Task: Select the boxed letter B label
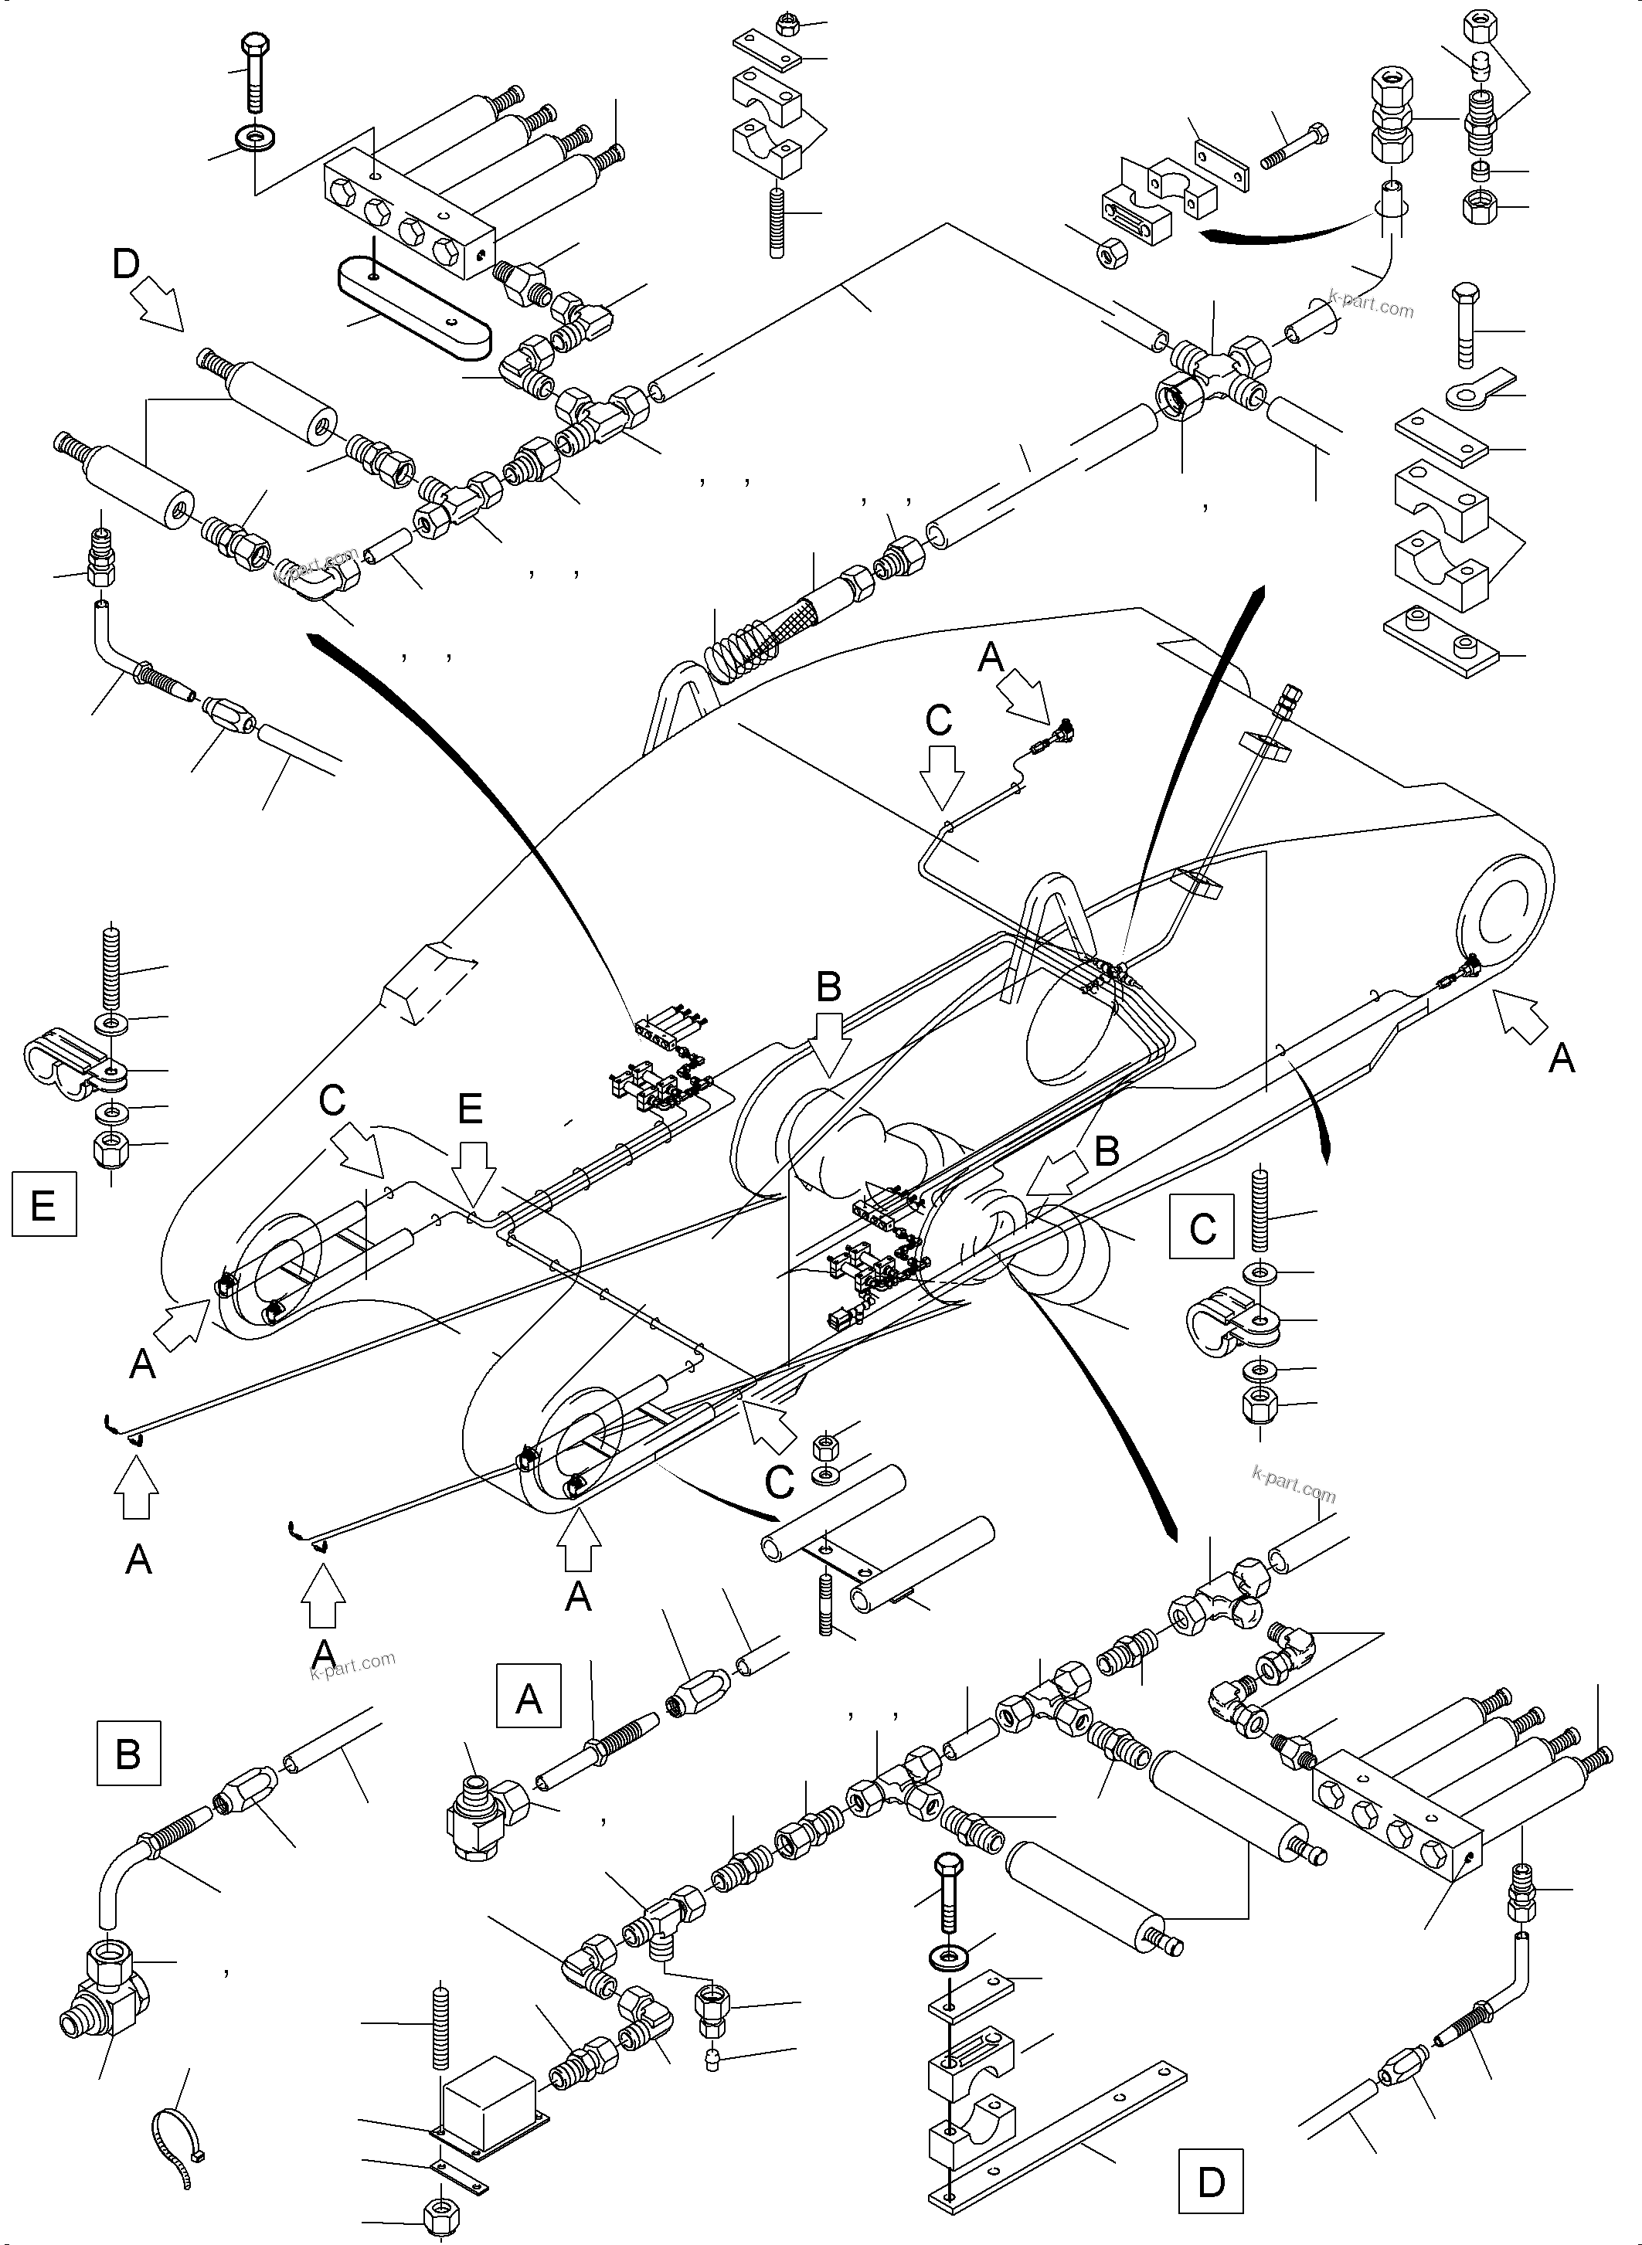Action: click(128, 1782)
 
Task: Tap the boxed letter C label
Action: click(1202, 1228)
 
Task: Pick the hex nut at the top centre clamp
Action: click(785, 24)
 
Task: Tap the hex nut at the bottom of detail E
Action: click(108, 1151)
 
